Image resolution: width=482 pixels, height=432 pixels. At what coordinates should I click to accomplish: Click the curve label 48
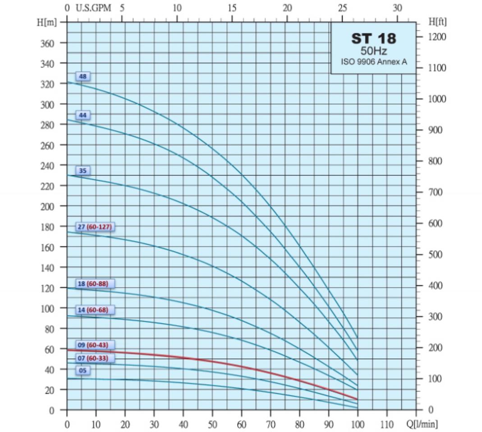pyautogui.click(x=83, y=76)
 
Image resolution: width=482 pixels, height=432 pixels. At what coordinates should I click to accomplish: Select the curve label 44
pyautogui.click(x=83, y=115)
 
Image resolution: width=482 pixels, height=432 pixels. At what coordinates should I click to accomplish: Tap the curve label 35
pyautogui.click(x=83, y=171)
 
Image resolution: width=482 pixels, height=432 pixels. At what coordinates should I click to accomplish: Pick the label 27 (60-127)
pyautogui.click(x=95, y=226)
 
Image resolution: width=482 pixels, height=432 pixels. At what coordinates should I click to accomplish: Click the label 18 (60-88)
pyautogui.click(x=95, y=284)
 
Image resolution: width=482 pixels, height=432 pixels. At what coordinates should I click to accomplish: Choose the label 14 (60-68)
pyautogui.click(x=95, y=310)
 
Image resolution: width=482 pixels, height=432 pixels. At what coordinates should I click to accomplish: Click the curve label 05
pyautogui.click(x=83, y=371)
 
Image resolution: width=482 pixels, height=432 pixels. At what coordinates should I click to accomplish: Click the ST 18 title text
pyautogui.click(x=374, y=39)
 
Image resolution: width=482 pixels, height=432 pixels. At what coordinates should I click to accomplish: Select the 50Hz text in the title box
pyautogui.click(x=374, y=51)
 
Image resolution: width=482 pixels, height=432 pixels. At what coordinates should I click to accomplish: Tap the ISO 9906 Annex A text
pyautogui.click(x=374, y=62)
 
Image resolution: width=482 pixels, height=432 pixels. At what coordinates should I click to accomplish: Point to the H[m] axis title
pyautogui.click(x=47, y=22)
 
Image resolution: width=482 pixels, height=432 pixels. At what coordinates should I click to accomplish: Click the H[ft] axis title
pyautogui.click(x=438, y=22)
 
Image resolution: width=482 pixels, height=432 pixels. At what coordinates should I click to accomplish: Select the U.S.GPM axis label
pyautogui.click(x=93, y=8)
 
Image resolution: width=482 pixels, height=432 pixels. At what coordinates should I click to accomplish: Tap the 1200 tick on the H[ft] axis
pyautogui.click(x=437, y=36)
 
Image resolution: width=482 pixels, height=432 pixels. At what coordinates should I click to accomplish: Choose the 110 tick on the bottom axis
pyautogui.click(x=387, y=424)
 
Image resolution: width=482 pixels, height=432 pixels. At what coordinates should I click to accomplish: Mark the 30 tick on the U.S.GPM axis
pyautogui.click(x=397, y=8)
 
